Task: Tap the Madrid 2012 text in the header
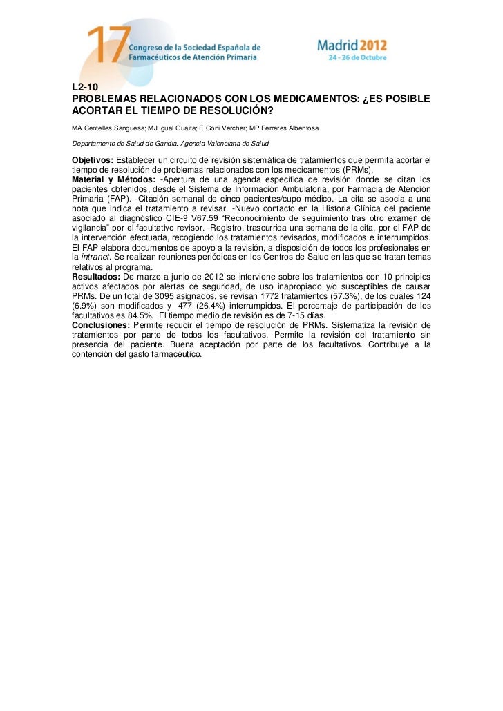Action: (x=352, y=46)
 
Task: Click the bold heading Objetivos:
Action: (x=93, y=161)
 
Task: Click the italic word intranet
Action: (x=94, y=257)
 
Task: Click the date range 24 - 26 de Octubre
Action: (x=358, y=57)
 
